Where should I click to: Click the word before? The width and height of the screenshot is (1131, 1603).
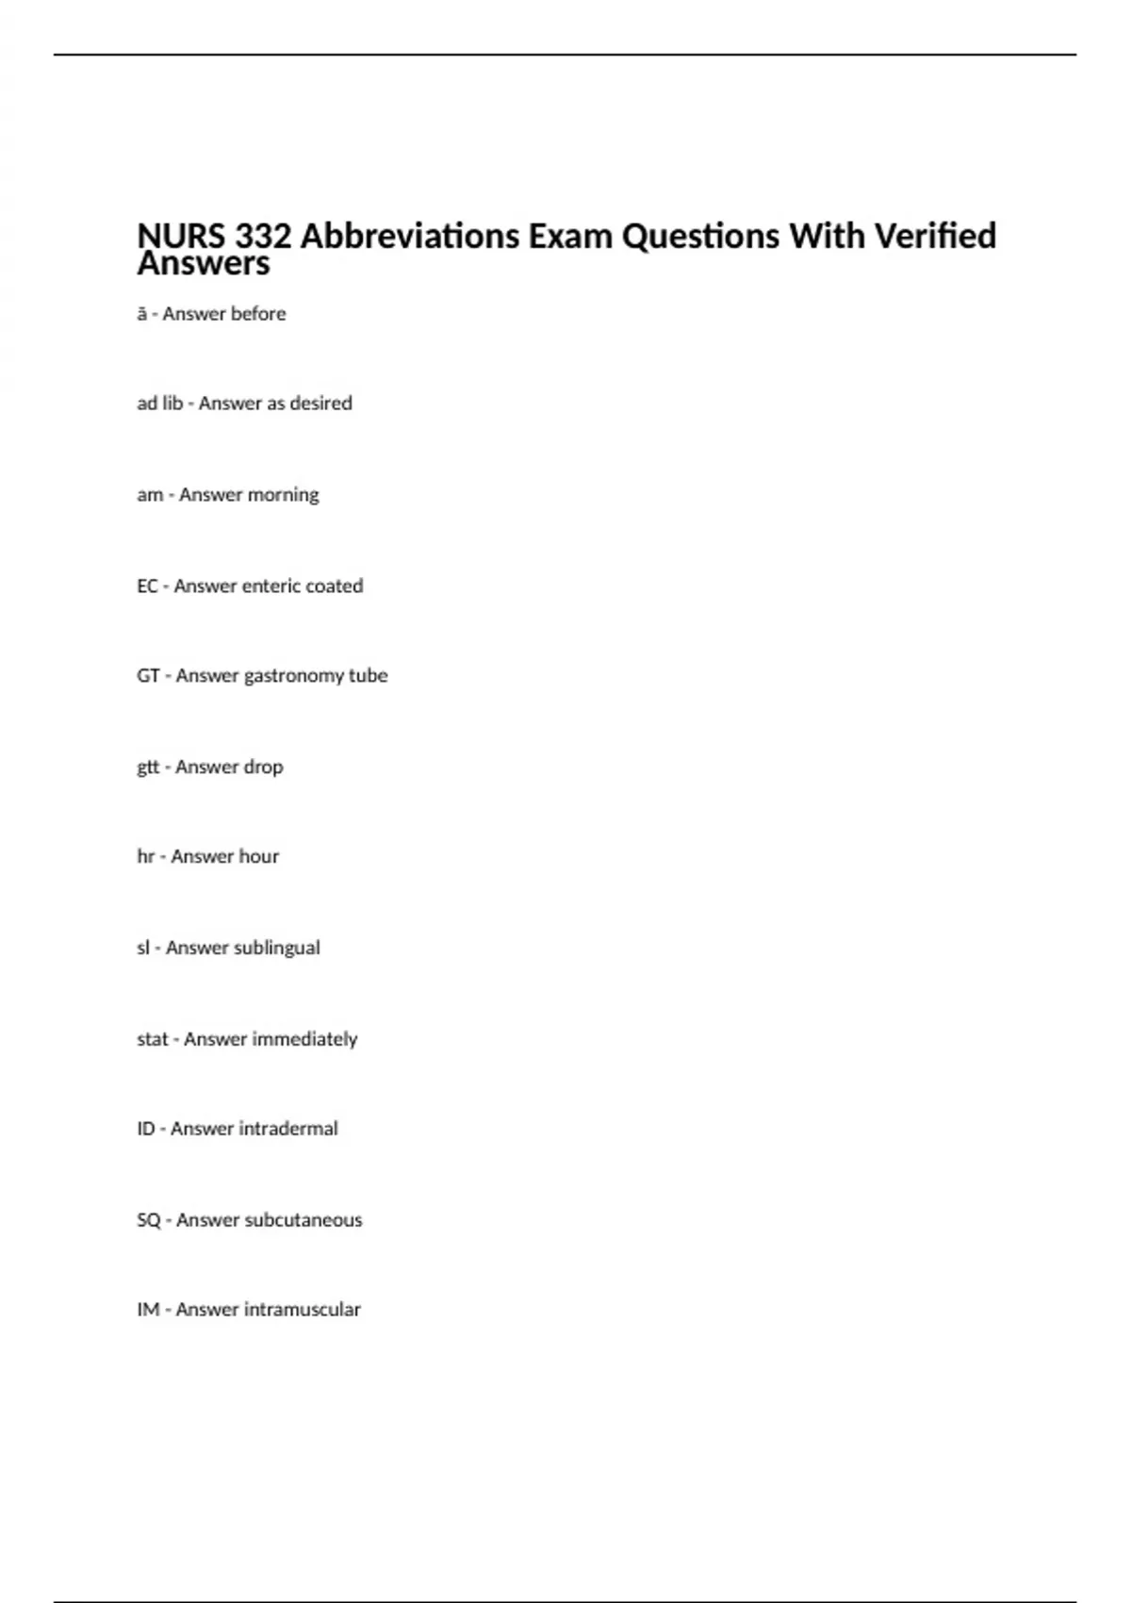click(x=257, y=314)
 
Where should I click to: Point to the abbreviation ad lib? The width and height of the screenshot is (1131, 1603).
click(x=159, y=404)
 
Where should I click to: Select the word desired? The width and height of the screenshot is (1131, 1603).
click(x=320, y=404)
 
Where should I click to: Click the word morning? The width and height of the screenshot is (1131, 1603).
click(x=283, y=495)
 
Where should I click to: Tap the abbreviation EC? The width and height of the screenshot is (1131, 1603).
click(x=147, y=587)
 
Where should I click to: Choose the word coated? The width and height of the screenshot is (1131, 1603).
click(x=334, y=587)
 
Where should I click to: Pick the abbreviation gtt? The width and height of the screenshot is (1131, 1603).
click(x=148, y=768)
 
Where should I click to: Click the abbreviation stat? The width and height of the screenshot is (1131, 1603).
click(x=152, y=1039)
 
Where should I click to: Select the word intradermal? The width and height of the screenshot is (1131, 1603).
click(x=288, y=1129)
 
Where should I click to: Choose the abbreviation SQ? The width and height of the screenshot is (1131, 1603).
click(x=149, y=1220)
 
